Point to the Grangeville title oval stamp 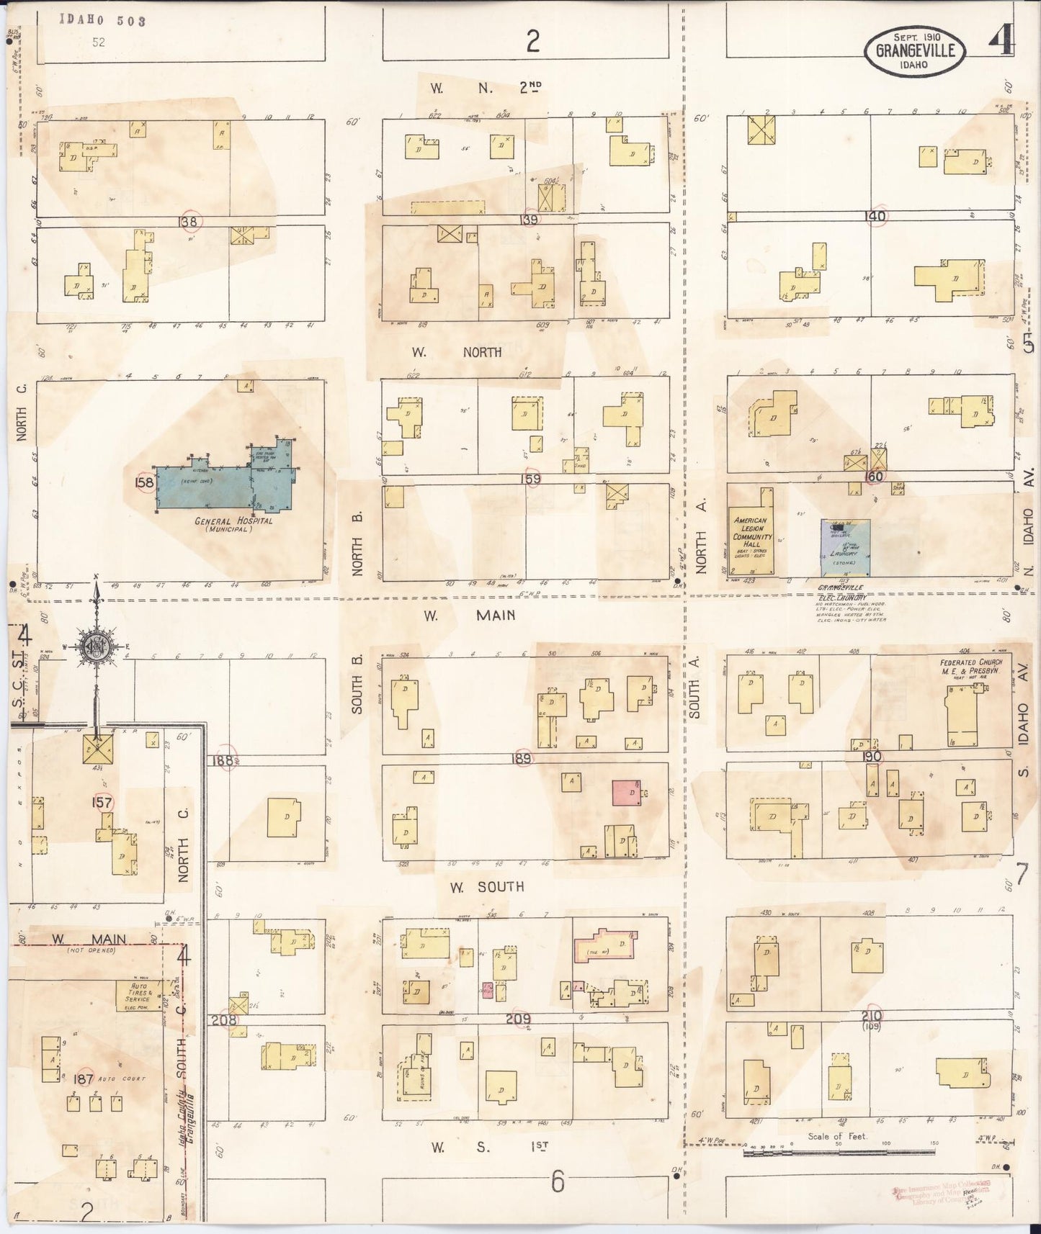pyautogui.click(x=915, y=50)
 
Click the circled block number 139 pyautogui.click(x=532, y=219)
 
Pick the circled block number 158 pyautogui.click(x=144, y=482)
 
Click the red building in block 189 pyautogui.click(x=625, y=792)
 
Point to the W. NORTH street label pyautogui.click(x=457, y=352)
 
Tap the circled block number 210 pyautogui.click(x=876, y=1015)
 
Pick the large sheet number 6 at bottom pyautogui.click(x=557, y=1183)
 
